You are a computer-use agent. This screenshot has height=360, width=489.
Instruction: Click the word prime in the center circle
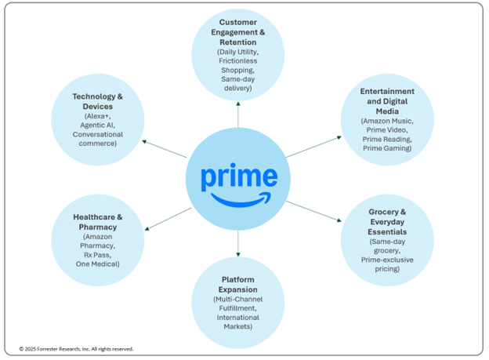(x=238, y=176)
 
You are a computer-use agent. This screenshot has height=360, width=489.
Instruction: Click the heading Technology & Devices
(x=98, y=101)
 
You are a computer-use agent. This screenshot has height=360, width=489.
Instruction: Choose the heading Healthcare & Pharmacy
(x=98, y=221)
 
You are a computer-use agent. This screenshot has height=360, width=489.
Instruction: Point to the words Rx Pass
(x=98, y=253)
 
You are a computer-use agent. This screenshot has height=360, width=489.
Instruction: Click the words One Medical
(x=98, y=264)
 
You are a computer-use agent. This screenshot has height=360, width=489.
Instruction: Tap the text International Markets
(x=238, y=322)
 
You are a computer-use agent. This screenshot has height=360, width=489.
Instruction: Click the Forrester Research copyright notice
(x=76, y=349)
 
